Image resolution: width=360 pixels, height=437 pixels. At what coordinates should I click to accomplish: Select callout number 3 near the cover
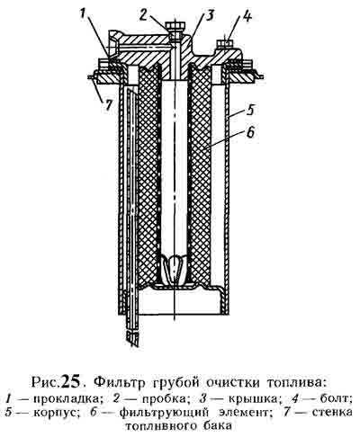click(x=210, y=15)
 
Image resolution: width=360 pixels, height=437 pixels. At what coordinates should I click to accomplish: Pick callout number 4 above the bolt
click(x=247, y=16)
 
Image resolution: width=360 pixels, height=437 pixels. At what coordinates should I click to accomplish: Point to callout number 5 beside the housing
click(x=251, y=110)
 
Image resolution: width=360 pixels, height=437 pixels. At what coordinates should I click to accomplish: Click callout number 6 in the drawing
click(x=250, y=132)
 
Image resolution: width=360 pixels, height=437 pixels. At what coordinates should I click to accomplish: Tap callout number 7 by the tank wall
click(x=107, y=105)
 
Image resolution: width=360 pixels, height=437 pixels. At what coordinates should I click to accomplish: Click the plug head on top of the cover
click(x=175, y=26)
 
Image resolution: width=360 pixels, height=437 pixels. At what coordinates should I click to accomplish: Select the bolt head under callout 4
click(x=225, y=43)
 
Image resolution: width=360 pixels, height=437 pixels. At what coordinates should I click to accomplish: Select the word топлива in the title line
click(x=295, y=384)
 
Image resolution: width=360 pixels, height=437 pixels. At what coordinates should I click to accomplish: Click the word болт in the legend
click(x=335, y=397)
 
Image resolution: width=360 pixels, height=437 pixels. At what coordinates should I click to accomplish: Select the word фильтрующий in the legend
click(x=164, y=413)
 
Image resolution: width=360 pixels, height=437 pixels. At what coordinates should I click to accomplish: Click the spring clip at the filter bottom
click(x=175, y=271)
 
